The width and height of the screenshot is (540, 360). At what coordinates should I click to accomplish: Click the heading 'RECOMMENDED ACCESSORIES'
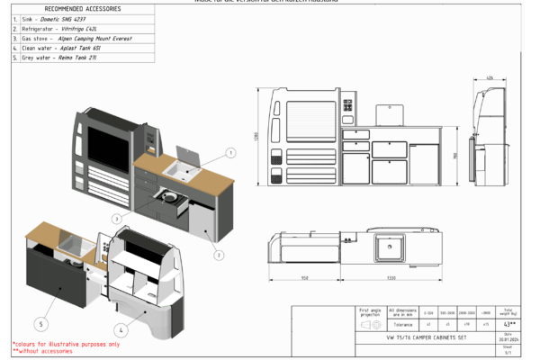[83, 8]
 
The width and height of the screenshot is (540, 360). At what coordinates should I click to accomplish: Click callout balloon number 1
[230, 153]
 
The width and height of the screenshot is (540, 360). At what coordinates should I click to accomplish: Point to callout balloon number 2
[218, 255]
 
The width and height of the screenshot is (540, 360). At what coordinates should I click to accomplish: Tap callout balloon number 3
[117, 219]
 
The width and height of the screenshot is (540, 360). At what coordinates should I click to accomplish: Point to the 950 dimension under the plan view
[305, 278]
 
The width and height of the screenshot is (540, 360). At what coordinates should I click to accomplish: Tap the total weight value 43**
[510, 324]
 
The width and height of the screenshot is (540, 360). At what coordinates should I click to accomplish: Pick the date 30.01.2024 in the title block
[508, 337]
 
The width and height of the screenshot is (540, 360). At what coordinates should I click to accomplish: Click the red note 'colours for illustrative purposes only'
[66, 344]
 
